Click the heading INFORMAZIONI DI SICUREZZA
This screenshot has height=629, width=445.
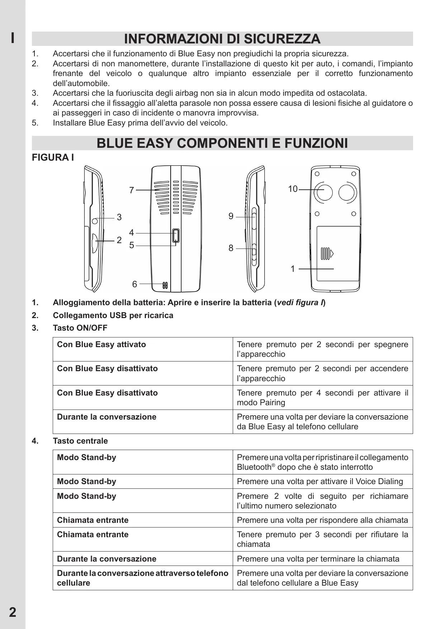(x=222, y=39)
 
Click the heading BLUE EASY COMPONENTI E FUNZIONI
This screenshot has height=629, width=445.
(x=222, y=143)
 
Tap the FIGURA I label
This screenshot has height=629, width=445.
(x=53, y=157)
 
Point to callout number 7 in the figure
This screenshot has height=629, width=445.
(x=132, y=190)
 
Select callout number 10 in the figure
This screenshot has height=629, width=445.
(x=293, y=189)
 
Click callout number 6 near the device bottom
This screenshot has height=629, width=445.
(x=134, y=284)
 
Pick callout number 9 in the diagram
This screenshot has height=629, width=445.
(x=231, y=216)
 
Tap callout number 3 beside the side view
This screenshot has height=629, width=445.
(x=119, y=217)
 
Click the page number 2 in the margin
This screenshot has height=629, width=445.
(x=13, y=612)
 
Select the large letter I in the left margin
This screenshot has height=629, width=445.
(x=13, y=38)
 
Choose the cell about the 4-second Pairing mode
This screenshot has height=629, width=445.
(x=322, y=397)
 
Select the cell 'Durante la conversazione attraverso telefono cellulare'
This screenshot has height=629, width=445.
(x=143, y=578)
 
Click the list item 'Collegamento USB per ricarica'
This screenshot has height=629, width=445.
(x=113, y=315)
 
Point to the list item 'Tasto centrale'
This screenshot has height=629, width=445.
(x=80, y=441)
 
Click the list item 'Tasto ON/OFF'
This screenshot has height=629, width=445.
(x=80, y=328)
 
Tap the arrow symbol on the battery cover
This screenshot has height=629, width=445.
(x=332, y=254)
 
